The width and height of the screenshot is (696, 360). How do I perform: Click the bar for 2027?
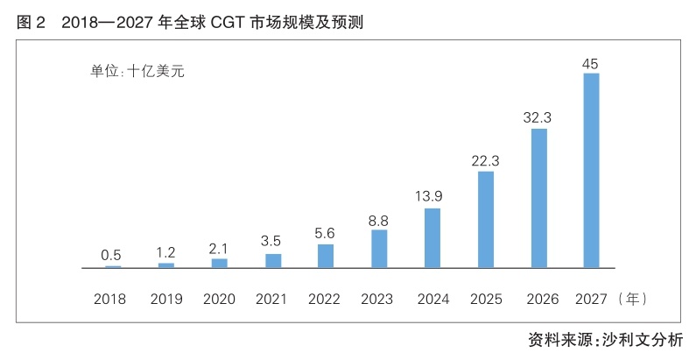(x=591, y=171)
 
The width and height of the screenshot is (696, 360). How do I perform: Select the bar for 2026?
(x=539, y=199)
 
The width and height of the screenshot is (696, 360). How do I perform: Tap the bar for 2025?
(x=486, y=220)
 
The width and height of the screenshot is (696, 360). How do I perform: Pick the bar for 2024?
(x=432, y=238)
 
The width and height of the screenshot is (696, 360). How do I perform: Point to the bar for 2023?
(x=379, y=249)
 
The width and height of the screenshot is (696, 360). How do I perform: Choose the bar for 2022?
(x=326, y=256)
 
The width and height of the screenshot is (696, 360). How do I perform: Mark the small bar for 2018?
(x=113, y=267)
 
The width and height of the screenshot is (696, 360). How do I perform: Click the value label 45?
(x=590, y=64)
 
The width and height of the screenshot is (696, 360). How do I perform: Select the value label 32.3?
(x=537, y=117)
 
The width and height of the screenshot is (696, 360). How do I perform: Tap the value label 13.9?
(x=429, y=195)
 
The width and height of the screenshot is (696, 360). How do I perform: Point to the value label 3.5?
(x=271, y=241)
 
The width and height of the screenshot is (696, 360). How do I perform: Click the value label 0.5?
(x=111, y=255)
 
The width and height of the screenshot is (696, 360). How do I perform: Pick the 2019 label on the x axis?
(x=166, y=300)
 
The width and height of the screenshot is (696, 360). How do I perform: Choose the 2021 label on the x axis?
(x=271, y=300)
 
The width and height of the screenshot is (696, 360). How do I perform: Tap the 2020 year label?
(x=219, y=300)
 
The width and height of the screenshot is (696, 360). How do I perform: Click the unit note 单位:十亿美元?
(x=137, y=72)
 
